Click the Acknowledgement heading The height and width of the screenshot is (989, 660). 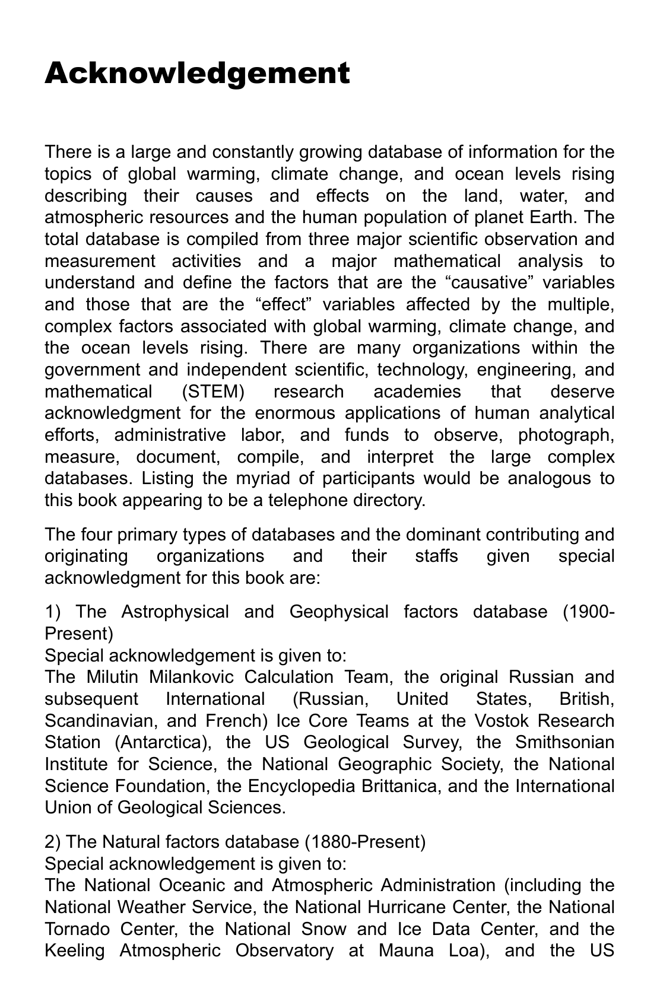[x=197, y=74]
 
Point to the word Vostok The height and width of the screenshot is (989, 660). [x=522, y=721]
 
